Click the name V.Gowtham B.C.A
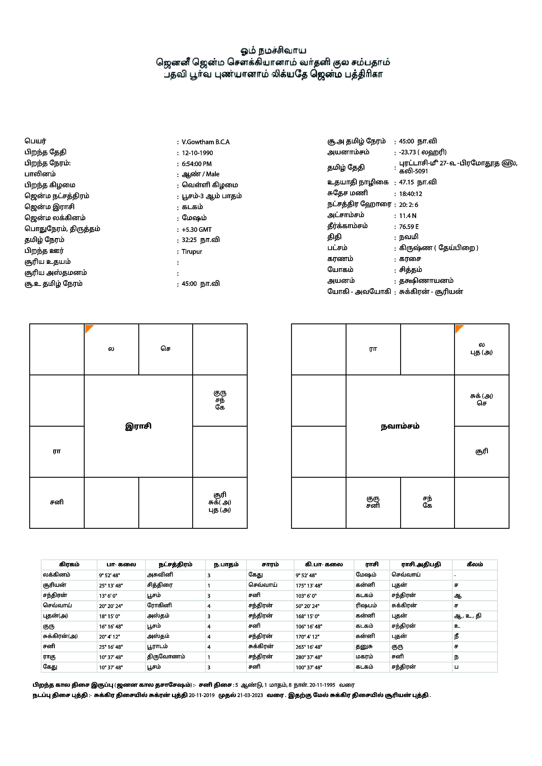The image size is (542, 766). point(206,142)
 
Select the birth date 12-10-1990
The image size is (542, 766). point(197,153)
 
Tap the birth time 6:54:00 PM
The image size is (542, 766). point(197,164)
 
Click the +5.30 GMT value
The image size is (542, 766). point(197,230)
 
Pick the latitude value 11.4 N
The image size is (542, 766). point(408,216)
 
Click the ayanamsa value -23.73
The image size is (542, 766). point(408,152)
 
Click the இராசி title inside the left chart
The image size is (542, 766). point(138,426)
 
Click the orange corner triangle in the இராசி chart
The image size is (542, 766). point(88,328)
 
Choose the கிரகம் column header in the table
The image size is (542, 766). point(69,564)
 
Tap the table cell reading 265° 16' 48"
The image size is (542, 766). point(309,647)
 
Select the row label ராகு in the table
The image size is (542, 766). point(49,657)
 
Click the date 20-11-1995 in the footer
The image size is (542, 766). point(322,685)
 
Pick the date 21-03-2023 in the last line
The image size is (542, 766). point(250,695)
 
